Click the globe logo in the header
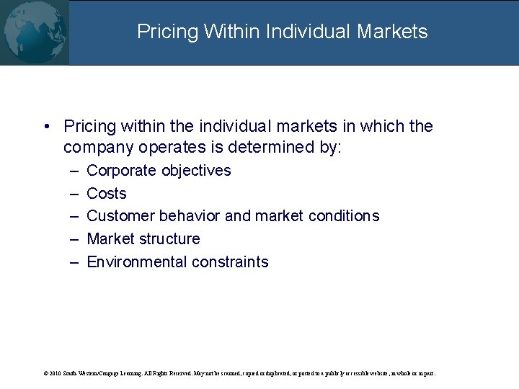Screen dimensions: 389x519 pyautogui.click(x=34, y=32)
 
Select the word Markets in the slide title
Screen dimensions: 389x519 pyautogui.click(x=394, y=32)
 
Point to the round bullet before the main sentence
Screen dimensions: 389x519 pyautogui.click(x=45, y=127)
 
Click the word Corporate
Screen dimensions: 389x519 pyautogui.click(x=121, y=171)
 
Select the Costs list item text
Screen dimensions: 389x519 pyautogui.click(x=106, y=194)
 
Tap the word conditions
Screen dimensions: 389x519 pyautogui.click(x=343, y=216)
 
